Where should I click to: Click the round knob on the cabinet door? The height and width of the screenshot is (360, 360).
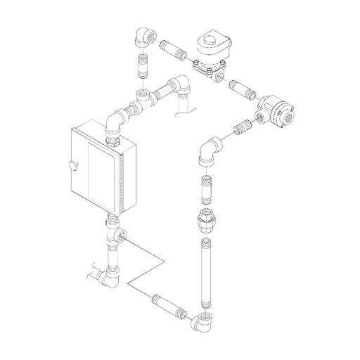[72, 165]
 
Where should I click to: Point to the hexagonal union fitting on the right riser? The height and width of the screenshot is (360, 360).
[205, 222]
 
